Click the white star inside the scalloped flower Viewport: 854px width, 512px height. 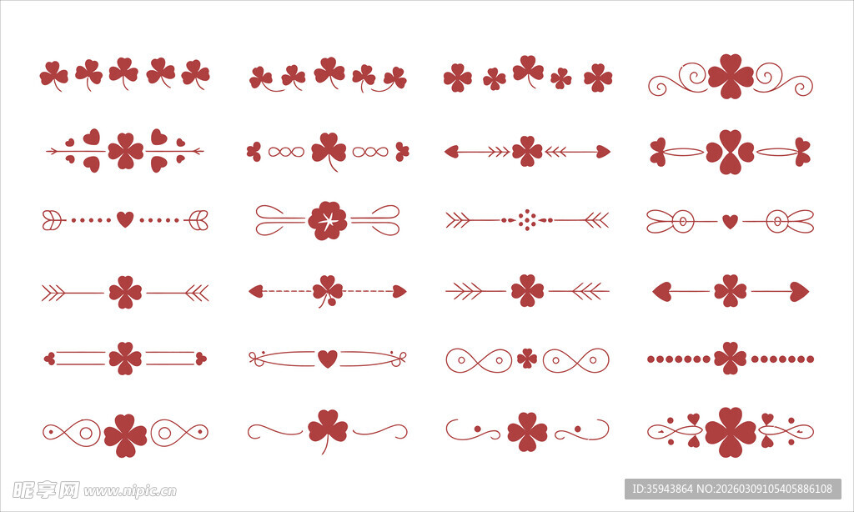(x=327, y=221)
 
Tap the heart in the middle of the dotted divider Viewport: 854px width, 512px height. (x=125, y=219)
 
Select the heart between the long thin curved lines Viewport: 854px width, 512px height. (x=327, y=359)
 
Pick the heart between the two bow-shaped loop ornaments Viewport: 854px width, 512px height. (x=730, y=221)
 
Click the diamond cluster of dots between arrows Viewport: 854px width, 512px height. (x=527, y=219)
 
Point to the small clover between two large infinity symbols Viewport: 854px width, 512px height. (x=527, y=359)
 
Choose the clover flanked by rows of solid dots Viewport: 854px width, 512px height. (x=730, y=359)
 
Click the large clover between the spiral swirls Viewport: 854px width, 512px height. (x=731, y=76)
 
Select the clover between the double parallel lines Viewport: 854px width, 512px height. (x=125, y=359)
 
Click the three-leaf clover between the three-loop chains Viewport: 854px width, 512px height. (x=329, y=151)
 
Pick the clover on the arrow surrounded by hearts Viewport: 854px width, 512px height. (x=125, y=151)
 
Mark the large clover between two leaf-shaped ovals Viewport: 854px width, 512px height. (x=730, y=152)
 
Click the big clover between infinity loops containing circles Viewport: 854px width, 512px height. (x=125, y=435)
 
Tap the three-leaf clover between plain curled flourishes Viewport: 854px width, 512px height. (x=327, y=430)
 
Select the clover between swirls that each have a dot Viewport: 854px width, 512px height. (x=527, y=432)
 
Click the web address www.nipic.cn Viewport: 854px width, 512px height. (x=129, y=491)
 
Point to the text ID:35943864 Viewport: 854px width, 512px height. (x=662, y=489)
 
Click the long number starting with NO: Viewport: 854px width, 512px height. (x=765, y=489)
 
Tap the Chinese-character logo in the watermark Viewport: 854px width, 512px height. (x=46, y=489)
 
